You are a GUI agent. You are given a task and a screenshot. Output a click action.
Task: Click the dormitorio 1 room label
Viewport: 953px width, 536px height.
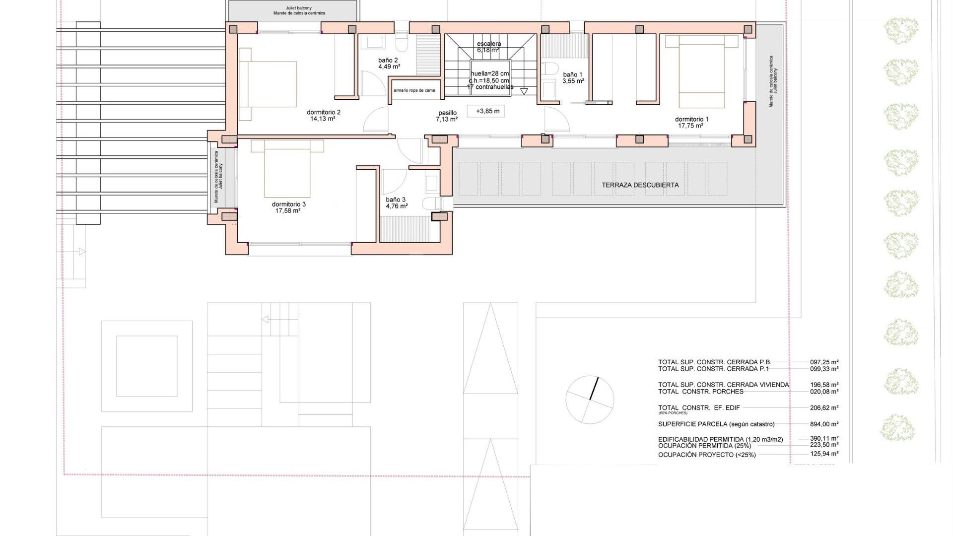click(x=691, y=119)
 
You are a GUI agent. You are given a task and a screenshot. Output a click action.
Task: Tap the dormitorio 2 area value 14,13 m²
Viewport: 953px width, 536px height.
click(x=323, y=119)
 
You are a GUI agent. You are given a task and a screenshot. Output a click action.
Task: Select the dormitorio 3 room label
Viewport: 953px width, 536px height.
click(x=288, y=204)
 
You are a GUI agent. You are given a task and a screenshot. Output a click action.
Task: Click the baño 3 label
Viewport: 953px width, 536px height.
click(x=396, y=200)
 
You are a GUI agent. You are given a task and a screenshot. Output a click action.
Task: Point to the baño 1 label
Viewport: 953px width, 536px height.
click(x=572, y=74)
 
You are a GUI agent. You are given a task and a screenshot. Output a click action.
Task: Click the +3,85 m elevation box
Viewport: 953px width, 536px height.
click(x=487, y=111)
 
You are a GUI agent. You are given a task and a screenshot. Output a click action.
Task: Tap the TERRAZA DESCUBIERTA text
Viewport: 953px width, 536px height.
click(x=640, y=185)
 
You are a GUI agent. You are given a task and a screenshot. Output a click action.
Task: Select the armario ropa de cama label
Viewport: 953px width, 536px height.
click(x=414, y=90)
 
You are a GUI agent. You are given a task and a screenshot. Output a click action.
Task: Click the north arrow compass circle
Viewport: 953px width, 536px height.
click(x=590, y=400)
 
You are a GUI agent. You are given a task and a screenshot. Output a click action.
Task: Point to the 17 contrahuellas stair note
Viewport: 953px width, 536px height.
click(x=490, y=87)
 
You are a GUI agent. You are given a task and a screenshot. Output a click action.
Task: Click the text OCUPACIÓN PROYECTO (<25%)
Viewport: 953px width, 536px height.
click(x=707, y=455)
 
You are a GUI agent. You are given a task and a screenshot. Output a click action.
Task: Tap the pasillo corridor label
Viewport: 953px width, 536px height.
click(x=447, y=113)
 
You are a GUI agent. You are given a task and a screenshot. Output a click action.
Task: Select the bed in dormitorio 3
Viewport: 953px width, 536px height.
click(x=287, y=171)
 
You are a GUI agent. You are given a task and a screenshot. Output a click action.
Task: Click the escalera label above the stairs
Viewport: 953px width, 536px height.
click(x=489, y=44)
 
